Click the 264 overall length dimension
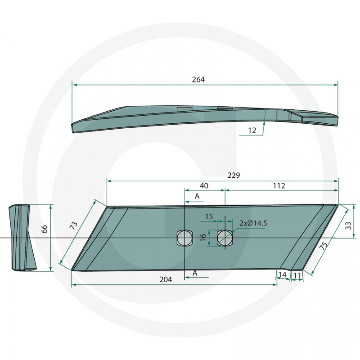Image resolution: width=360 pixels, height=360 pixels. pyautogui.click(x=198, y=80)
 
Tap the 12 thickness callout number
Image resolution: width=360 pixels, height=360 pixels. pyautogui.click(x=252, y=130)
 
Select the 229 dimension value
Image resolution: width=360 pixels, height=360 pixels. pyautogui.click(x=234, y=175)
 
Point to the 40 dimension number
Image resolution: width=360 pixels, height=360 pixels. pyautogui.click(x=204, y=186)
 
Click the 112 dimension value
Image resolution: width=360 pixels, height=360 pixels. pyautogui.click(x=279, y=186)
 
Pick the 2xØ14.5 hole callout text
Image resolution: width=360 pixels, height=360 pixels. pyautogui.click(x=253, y=223)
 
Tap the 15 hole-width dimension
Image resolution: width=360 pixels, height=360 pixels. pyautogui.click(x=209, y=217)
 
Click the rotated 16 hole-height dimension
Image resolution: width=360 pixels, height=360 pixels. pyautogui.click(x=203, y=238)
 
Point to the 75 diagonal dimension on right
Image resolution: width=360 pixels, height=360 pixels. pyautogui.click(x=323, y=246)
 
